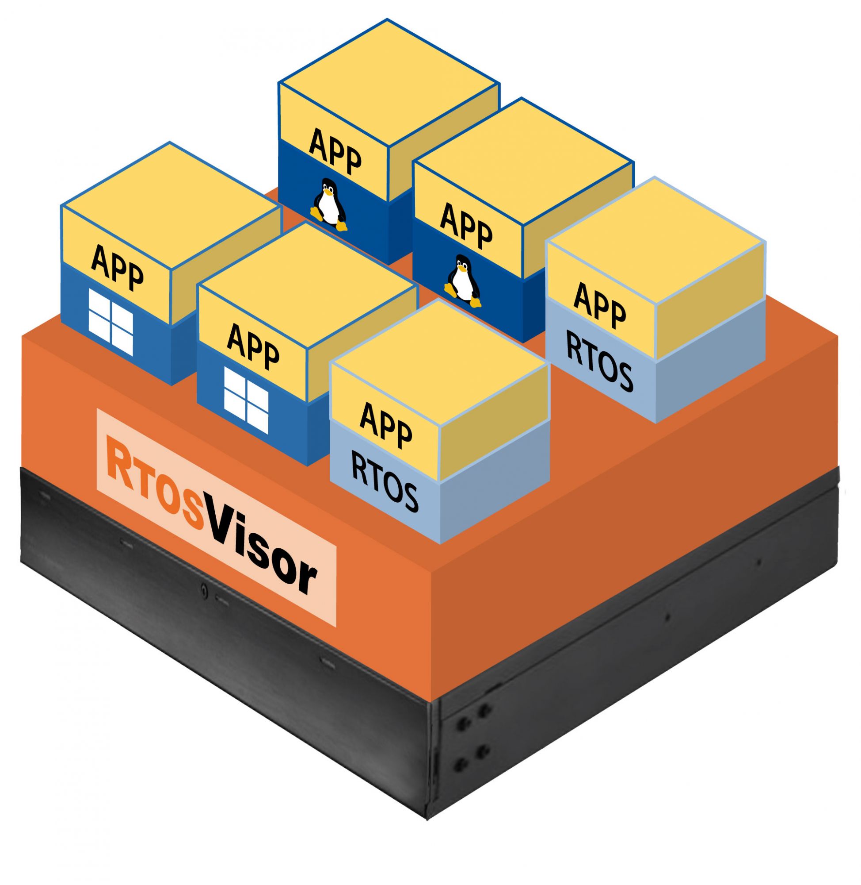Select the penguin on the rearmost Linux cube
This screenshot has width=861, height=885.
pyautogui.click(x=329, y=204)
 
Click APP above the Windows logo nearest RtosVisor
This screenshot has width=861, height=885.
pyautogui.click(x=253, y=346)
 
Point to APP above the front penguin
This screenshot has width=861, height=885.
pyautogui.click(x=466, y=227)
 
